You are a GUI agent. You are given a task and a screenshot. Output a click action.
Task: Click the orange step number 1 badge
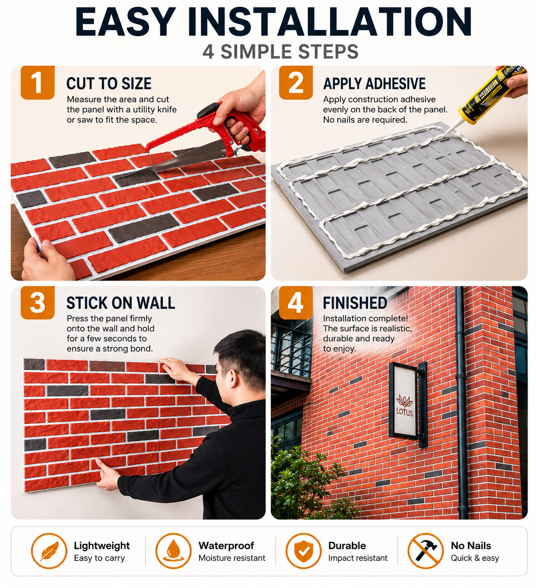[38, 82]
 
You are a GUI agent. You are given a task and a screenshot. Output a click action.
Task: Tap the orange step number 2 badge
[296, 82]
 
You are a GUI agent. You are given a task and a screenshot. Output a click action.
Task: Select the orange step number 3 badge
[38, 302]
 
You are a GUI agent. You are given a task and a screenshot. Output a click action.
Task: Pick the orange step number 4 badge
[296, 302]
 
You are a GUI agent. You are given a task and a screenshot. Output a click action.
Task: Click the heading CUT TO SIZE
[109, 84]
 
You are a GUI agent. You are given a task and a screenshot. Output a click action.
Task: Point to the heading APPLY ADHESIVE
[374, 84]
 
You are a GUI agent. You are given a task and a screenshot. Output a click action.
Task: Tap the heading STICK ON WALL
[120, 303]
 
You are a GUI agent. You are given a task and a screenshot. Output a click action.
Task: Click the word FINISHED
[355, 303]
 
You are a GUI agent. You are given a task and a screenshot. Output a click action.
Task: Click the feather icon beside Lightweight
[49, 551]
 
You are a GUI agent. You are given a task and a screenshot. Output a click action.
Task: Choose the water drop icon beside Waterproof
[174, 551]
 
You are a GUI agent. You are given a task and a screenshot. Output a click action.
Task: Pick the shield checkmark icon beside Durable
[303, 551]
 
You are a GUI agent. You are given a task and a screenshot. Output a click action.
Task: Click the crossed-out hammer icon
[425, 551]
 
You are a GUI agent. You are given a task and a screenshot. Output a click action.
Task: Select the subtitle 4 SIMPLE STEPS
[280, 52]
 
